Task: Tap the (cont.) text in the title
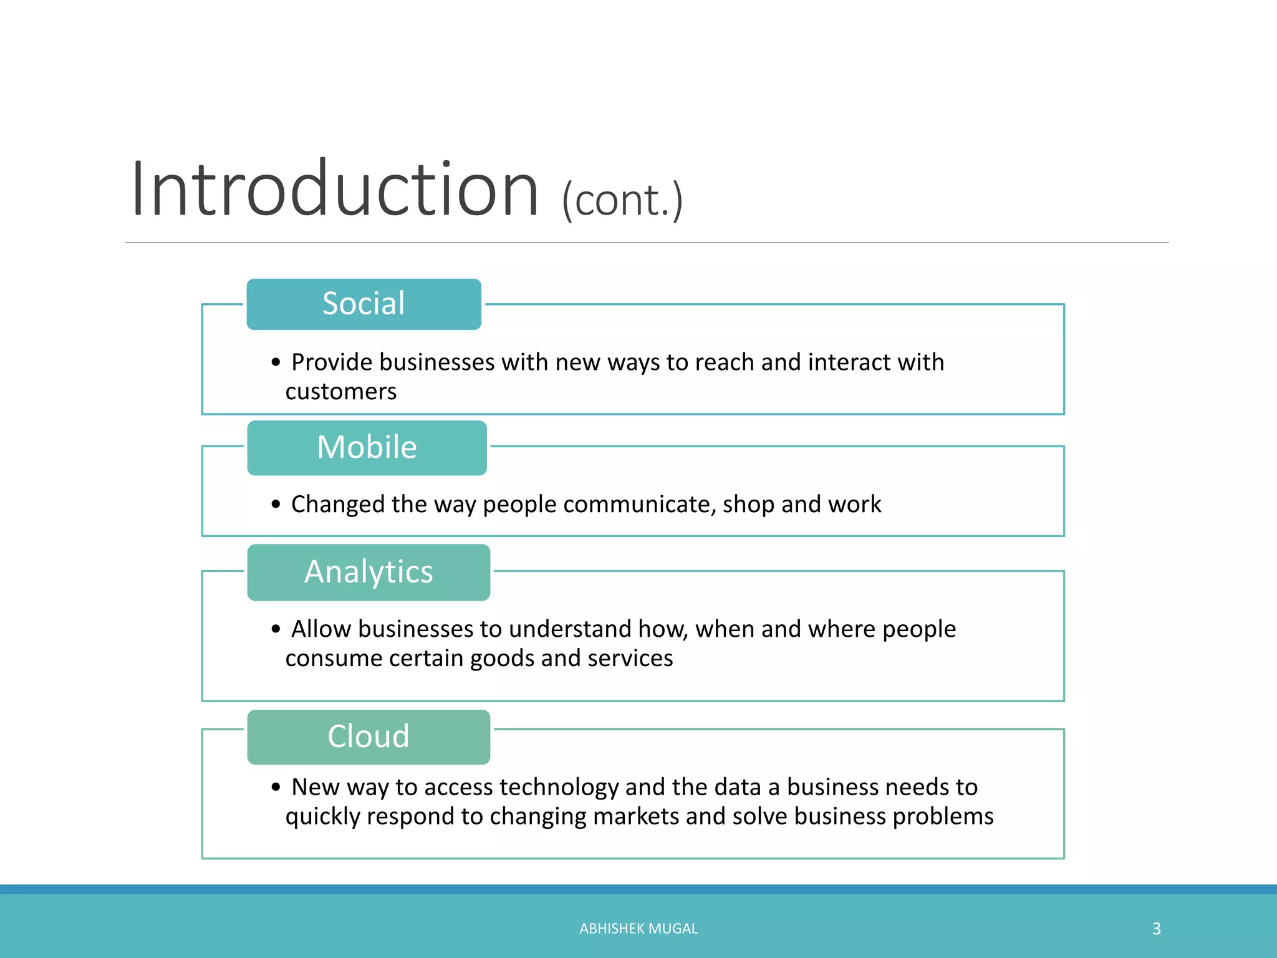pyautogui.click(x=622, y=201)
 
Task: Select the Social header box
pyautogui.click(x=364, y=304)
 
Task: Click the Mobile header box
pyautogui.click(x=367, y=448)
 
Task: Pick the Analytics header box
pyautogui.click(x=369, y=572)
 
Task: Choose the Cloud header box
pyautogui.click(x=369, y=737)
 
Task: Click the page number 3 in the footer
pyautogui.click(x=1156, y=929)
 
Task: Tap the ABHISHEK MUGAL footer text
pyautogui.click(x=638, y=929)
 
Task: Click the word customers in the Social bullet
pyautogui.click(x=340, y=392)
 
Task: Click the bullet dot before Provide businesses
pyautogui.click(x=276, y=362)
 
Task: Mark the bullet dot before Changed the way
pyautogui.click(x=276, y=504)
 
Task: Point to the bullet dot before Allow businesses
pyautogui.click(x=276, y=629)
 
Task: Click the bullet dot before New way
pyautogui.click(x=276, y=787)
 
